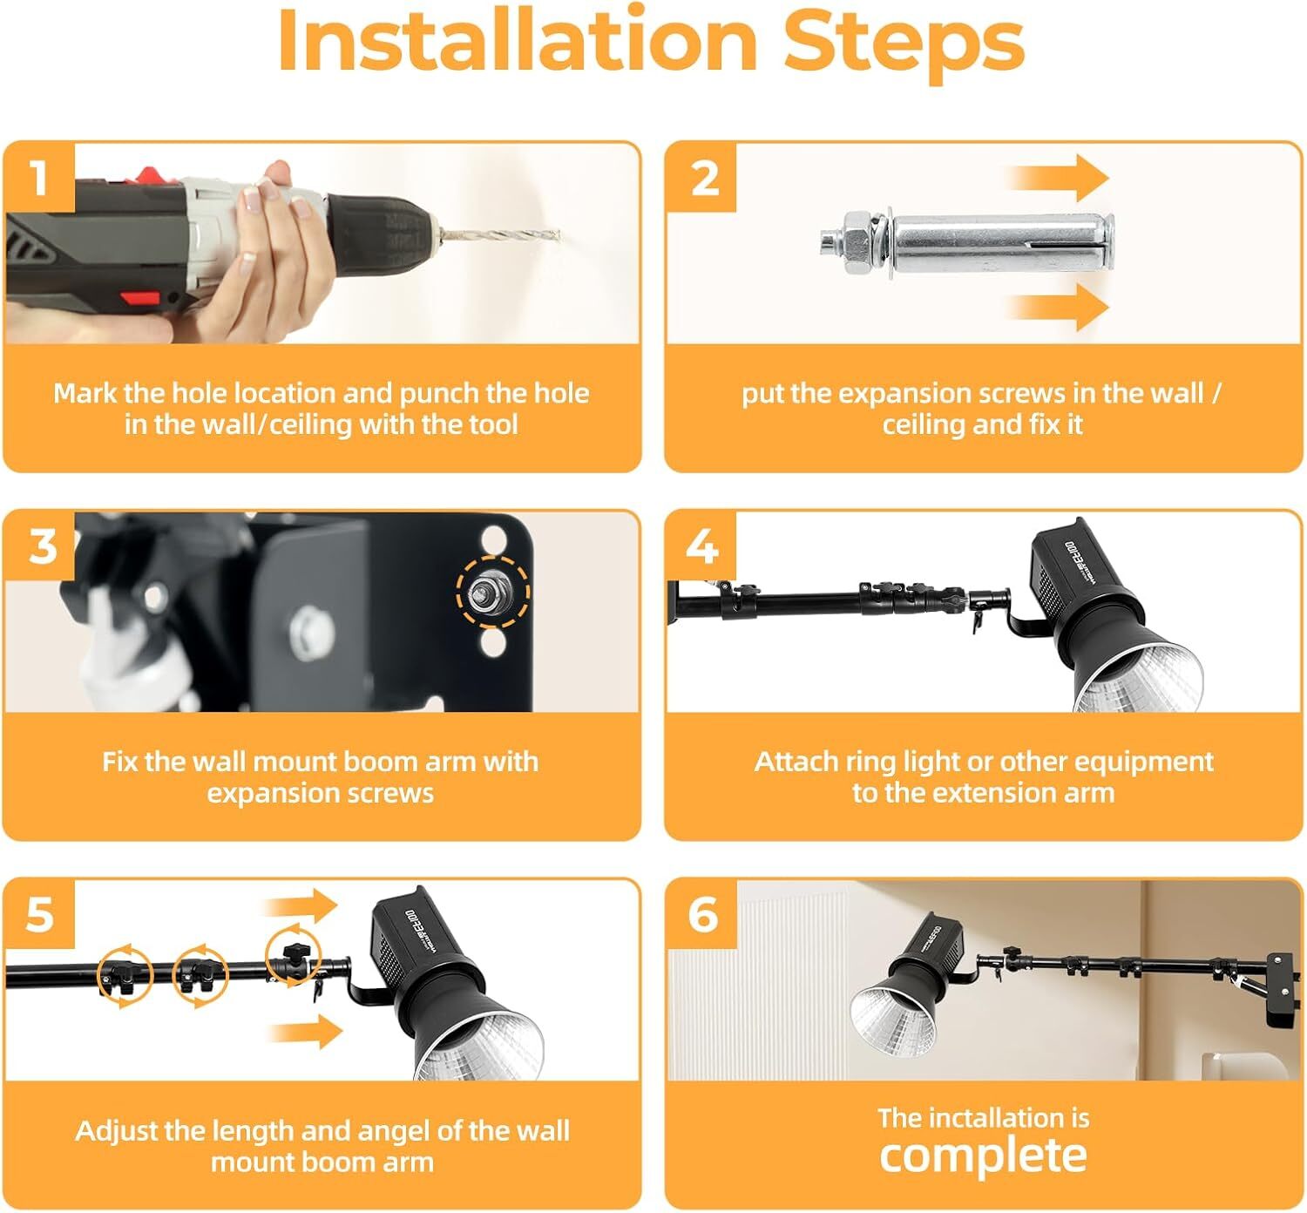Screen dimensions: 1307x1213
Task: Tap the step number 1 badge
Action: coord(39,178)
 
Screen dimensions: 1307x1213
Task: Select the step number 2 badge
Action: coord(703,178)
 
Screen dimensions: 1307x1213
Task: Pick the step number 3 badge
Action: coord(41,546)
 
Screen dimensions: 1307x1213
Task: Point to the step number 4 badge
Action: coord(701,546)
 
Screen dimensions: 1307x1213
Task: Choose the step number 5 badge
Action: coord(39,915)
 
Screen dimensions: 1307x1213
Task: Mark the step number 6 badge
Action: coord(702,915)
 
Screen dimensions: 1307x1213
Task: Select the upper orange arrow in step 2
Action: coord(1059,178)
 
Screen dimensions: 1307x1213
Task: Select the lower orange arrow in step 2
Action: coord(1059,307)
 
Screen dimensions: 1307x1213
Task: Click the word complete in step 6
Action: coord(983,1155)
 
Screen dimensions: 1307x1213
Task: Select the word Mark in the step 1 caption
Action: coord(85,394)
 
